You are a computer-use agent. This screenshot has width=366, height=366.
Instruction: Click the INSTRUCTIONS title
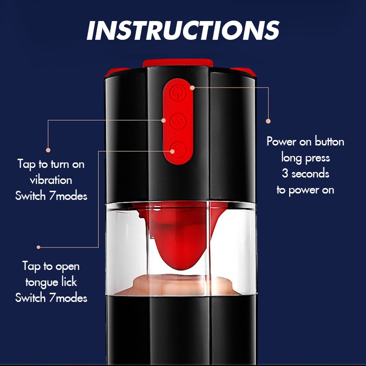point(183,30)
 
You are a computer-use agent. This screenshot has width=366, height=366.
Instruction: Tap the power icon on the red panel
point(178,93)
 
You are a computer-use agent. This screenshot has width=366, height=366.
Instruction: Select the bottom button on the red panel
point(178,150)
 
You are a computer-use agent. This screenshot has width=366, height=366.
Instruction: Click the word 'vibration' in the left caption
point(51,180)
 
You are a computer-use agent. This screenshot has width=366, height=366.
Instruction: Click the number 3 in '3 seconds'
point(285,174)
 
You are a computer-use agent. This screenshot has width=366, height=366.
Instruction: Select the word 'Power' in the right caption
point(281,142)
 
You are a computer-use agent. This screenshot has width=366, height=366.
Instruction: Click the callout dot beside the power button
point(192,88)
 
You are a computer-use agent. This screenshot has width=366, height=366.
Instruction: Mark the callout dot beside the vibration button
point(163,120)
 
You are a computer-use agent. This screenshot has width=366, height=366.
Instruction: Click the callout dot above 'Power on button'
point(268,121)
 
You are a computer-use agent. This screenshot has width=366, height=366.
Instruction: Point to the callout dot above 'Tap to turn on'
point(48,150)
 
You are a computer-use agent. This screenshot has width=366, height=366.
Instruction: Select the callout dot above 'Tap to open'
point(38,247)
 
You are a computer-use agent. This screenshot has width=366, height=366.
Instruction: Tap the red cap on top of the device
point(178,63)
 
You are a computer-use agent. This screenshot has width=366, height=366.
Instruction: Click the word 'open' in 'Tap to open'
point(67,267)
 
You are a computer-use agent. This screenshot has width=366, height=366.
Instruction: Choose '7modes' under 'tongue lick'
point(68,298)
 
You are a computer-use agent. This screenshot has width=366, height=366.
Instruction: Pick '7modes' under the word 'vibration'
point(68,196)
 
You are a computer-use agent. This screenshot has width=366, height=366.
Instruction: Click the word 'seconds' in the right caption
point(310,174)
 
